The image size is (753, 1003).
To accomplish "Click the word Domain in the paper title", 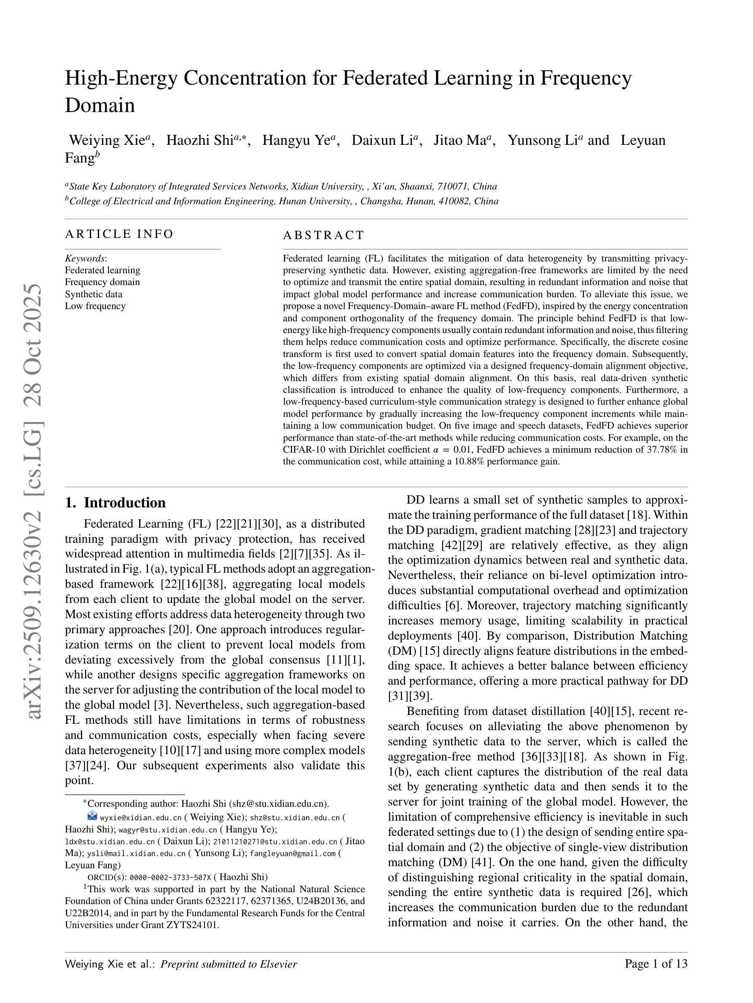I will (x=100, y=106).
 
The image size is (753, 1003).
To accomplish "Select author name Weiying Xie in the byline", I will (x=107, y=140).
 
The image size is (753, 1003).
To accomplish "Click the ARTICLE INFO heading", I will (x=119, y=234).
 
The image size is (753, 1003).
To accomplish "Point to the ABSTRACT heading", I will (x=324, y=235).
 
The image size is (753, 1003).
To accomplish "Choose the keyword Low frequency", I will (x=95, y=306).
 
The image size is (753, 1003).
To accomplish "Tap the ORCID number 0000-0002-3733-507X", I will (x=170, y=877).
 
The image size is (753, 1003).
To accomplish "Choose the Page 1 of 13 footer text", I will (x=656, y=977).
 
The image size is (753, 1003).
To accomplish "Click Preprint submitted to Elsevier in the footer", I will (x=229, y=977).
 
